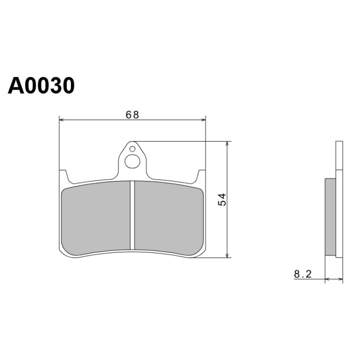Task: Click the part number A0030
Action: (41, 85)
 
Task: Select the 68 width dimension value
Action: (132, 115)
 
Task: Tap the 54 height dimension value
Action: (222, 200)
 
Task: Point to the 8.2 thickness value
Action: (303, 274)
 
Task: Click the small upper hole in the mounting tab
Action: (132, 149)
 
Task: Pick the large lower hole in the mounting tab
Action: (132, 161)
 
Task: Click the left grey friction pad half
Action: (96, 218)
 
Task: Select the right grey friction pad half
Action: (169, 218)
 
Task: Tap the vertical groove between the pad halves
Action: (132, 215)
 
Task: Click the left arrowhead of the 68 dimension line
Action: (61, 120)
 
